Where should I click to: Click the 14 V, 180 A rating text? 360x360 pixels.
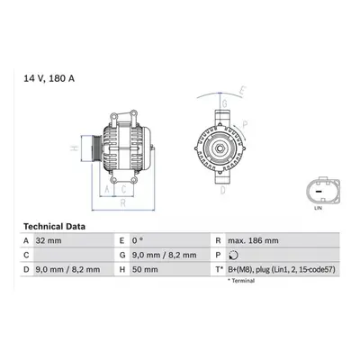(x=49, y=78)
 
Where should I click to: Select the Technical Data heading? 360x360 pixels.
(x=54, y=227)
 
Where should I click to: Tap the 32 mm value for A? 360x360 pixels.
(x=49, y=240)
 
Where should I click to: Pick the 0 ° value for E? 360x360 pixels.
(x=138, y=240)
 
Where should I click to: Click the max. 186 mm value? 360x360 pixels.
(x=253, y=240)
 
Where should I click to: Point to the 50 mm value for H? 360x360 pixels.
(x=145, y=269)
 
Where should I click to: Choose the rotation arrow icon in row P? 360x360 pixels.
(x=233, y=256)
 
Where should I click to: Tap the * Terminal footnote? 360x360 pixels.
(x=241, y=281)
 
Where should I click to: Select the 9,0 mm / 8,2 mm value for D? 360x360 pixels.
(x=67, y=269)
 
